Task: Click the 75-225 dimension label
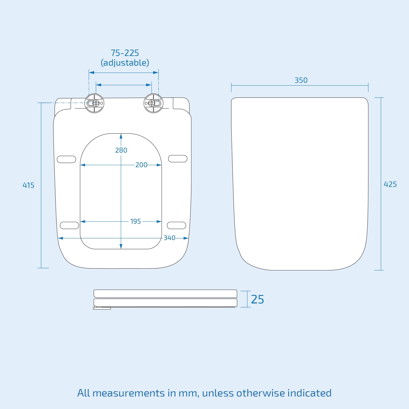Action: tap(125, 53)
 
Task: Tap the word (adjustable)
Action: tap(125, 63)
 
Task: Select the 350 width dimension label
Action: tap(301, 80)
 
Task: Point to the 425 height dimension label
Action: tap(390, 184)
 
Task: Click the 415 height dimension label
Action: tap(28, 185)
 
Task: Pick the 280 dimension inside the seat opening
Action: tap(121, 150)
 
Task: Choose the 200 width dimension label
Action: tap(141, 165)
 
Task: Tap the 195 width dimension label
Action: tap(135, 221)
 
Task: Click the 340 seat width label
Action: tap(169, 238)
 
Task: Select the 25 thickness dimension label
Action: tap(257, 299)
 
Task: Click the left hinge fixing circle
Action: tap(94, 103)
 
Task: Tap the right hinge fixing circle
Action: tap(153, 103)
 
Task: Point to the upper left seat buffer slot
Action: tap(66, 159)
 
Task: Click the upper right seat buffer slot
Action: tap(178, 158)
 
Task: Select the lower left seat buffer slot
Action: tap(69, 225)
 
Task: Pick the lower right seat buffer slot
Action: tap(176, 225)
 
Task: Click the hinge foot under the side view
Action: tap(102, 308)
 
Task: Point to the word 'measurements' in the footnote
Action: tap(129, 393)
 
